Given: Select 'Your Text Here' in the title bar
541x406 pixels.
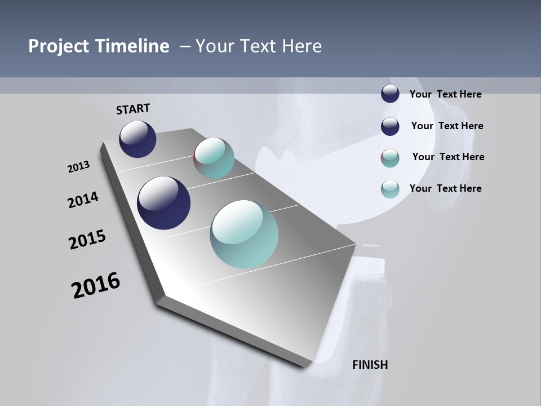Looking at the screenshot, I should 258,46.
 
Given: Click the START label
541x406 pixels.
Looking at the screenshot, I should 133,109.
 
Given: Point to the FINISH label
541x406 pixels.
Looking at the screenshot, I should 370,365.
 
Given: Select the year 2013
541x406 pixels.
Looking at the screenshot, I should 78,167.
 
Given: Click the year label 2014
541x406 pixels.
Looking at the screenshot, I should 83,200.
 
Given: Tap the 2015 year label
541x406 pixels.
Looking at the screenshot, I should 87,240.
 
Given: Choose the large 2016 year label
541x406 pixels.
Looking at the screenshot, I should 96,285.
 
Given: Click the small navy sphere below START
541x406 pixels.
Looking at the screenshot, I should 138,139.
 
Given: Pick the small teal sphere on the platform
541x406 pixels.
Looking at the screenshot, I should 214,158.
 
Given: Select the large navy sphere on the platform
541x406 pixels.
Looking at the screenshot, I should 163,203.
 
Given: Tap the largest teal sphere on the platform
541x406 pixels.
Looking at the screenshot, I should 244,234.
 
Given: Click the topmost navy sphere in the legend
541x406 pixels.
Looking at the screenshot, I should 390,94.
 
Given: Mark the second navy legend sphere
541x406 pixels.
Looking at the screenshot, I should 390,126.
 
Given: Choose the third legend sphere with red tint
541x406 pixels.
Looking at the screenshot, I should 390,158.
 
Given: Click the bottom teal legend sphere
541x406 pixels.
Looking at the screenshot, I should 390,189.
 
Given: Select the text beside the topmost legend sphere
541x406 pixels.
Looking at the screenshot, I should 445,95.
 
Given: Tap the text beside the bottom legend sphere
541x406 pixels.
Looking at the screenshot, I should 445,188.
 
